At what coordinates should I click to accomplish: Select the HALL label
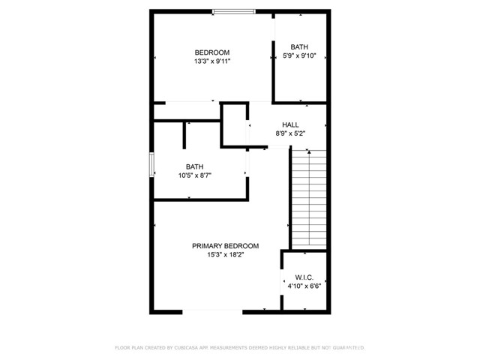[290, 124]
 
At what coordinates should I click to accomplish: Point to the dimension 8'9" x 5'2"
[290, 133]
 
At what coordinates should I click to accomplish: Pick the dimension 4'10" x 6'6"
[304, 286]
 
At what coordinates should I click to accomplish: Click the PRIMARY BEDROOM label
[225, 246]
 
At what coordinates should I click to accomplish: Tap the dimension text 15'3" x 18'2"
[225, 255]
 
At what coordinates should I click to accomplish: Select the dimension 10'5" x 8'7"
[195, 175]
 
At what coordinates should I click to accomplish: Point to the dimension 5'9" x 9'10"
[300, 55]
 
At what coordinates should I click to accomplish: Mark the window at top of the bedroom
[233, 11]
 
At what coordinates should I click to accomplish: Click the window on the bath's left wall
[151, 165]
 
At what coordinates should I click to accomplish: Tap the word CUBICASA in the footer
[193, 347]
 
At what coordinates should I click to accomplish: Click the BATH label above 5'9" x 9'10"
[300, 46]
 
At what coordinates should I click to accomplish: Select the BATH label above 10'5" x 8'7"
[195, 166]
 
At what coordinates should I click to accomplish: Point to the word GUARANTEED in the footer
[348, 347]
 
